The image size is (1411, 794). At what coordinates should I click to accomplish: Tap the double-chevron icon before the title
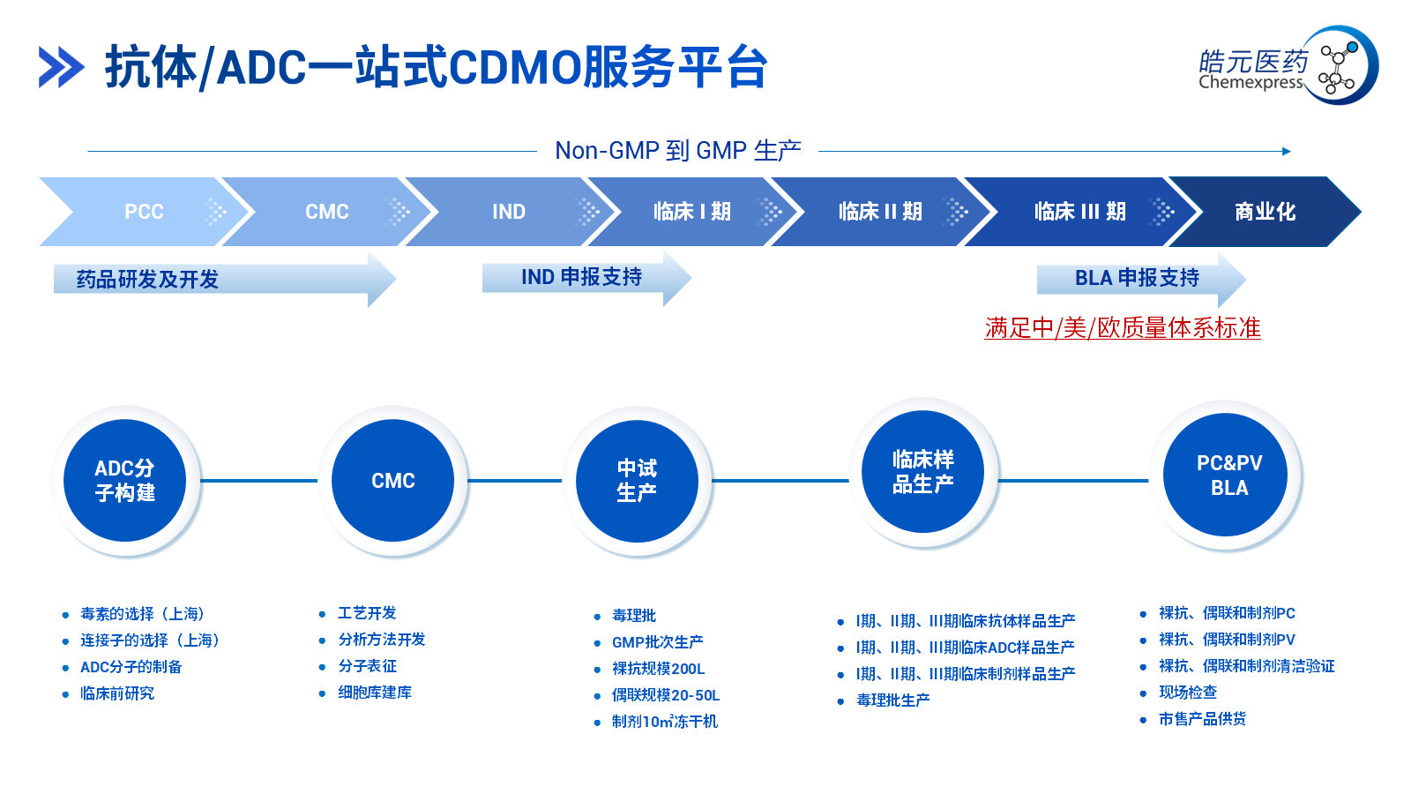[61, 67]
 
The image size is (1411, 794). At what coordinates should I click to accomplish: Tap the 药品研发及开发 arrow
[225, 279]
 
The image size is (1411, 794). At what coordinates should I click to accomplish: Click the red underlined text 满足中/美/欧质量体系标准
[1123, 328]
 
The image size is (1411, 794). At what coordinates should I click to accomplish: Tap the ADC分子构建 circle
[124, 480]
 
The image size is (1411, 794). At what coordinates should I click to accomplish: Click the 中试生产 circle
[637, 481]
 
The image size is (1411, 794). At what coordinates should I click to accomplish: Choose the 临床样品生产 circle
[922, 472]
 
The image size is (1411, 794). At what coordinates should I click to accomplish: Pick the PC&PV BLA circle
[1225, 475]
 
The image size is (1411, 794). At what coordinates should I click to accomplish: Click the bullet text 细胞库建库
[375, 693]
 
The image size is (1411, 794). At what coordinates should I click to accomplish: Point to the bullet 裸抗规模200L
[658, 669]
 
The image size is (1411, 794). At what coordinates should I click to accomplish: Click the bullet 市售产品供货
[1203, 719]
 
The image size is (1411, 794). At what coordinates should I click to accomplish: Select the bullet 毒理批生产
[893, 700]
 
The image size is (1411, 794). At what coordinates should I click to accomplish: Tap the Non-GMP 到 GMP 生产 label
[678, 151]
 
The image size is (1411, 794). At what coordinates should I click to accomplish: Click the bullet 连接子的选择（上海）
[151, 640]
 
